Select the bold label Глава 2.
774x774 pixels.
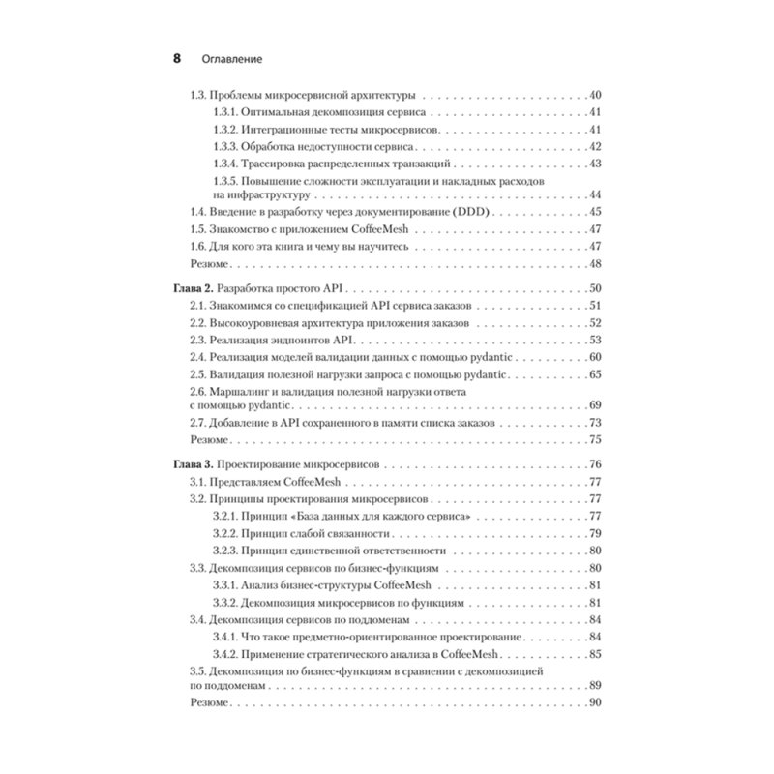(x=189, y=288)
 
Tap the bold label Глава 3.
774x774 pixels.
(x=189, y=464)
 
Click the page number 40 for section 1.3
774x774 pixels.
(x=595, y=96)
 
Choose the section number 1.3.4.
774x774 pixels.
(x=225, y=162)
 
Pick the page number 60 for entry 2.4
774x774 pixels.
(x=595, y=358)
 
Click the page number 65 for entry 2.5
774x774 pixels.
(x=595, y=375)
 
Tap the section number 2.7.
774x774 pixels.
(x=197, y=422)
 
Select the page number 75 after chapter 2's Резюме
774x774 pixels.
(x=595, y=439)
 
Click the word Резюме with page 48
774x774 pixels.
(x=208, y=264)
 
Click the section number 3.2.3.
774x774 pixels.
(x=225, y=550)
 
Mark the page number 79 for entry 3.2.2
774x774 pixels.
(x=595, y=532)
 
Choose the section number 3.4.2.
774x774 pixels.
(x=225, y=654)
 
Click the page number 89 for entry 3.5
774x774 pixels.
(x=595, y=684)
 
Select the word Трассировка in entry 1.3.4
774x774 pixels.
(x=280, y=162)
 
